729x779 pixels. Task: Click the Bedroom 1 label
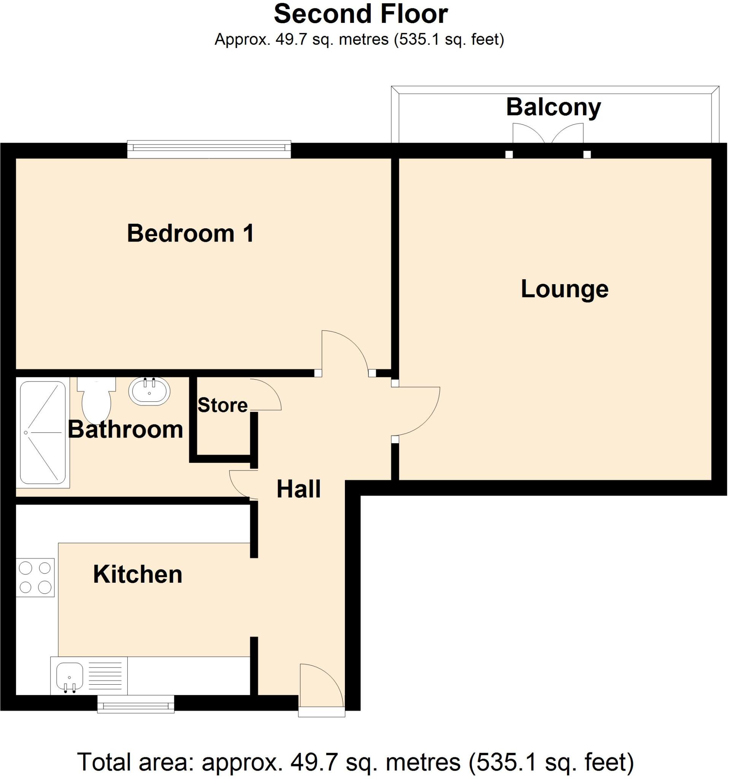(x=191, y=234)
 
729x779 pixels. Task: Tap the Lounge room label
(x=564, y=289)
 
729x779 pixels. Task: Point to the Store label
(x=222, y=405)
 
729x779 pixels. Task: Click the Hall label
(x=299, y=489)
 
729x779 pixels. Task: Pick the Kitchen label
(x=138, y=574)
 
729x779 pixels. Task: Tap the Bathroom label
(x=126, y=429)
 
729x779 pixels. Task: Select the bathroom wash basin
(x=149, y=391)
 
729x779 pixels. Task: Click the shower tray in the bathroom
(x=43, y=432)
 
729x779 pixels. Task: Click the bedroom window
(x=209, y=149)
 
